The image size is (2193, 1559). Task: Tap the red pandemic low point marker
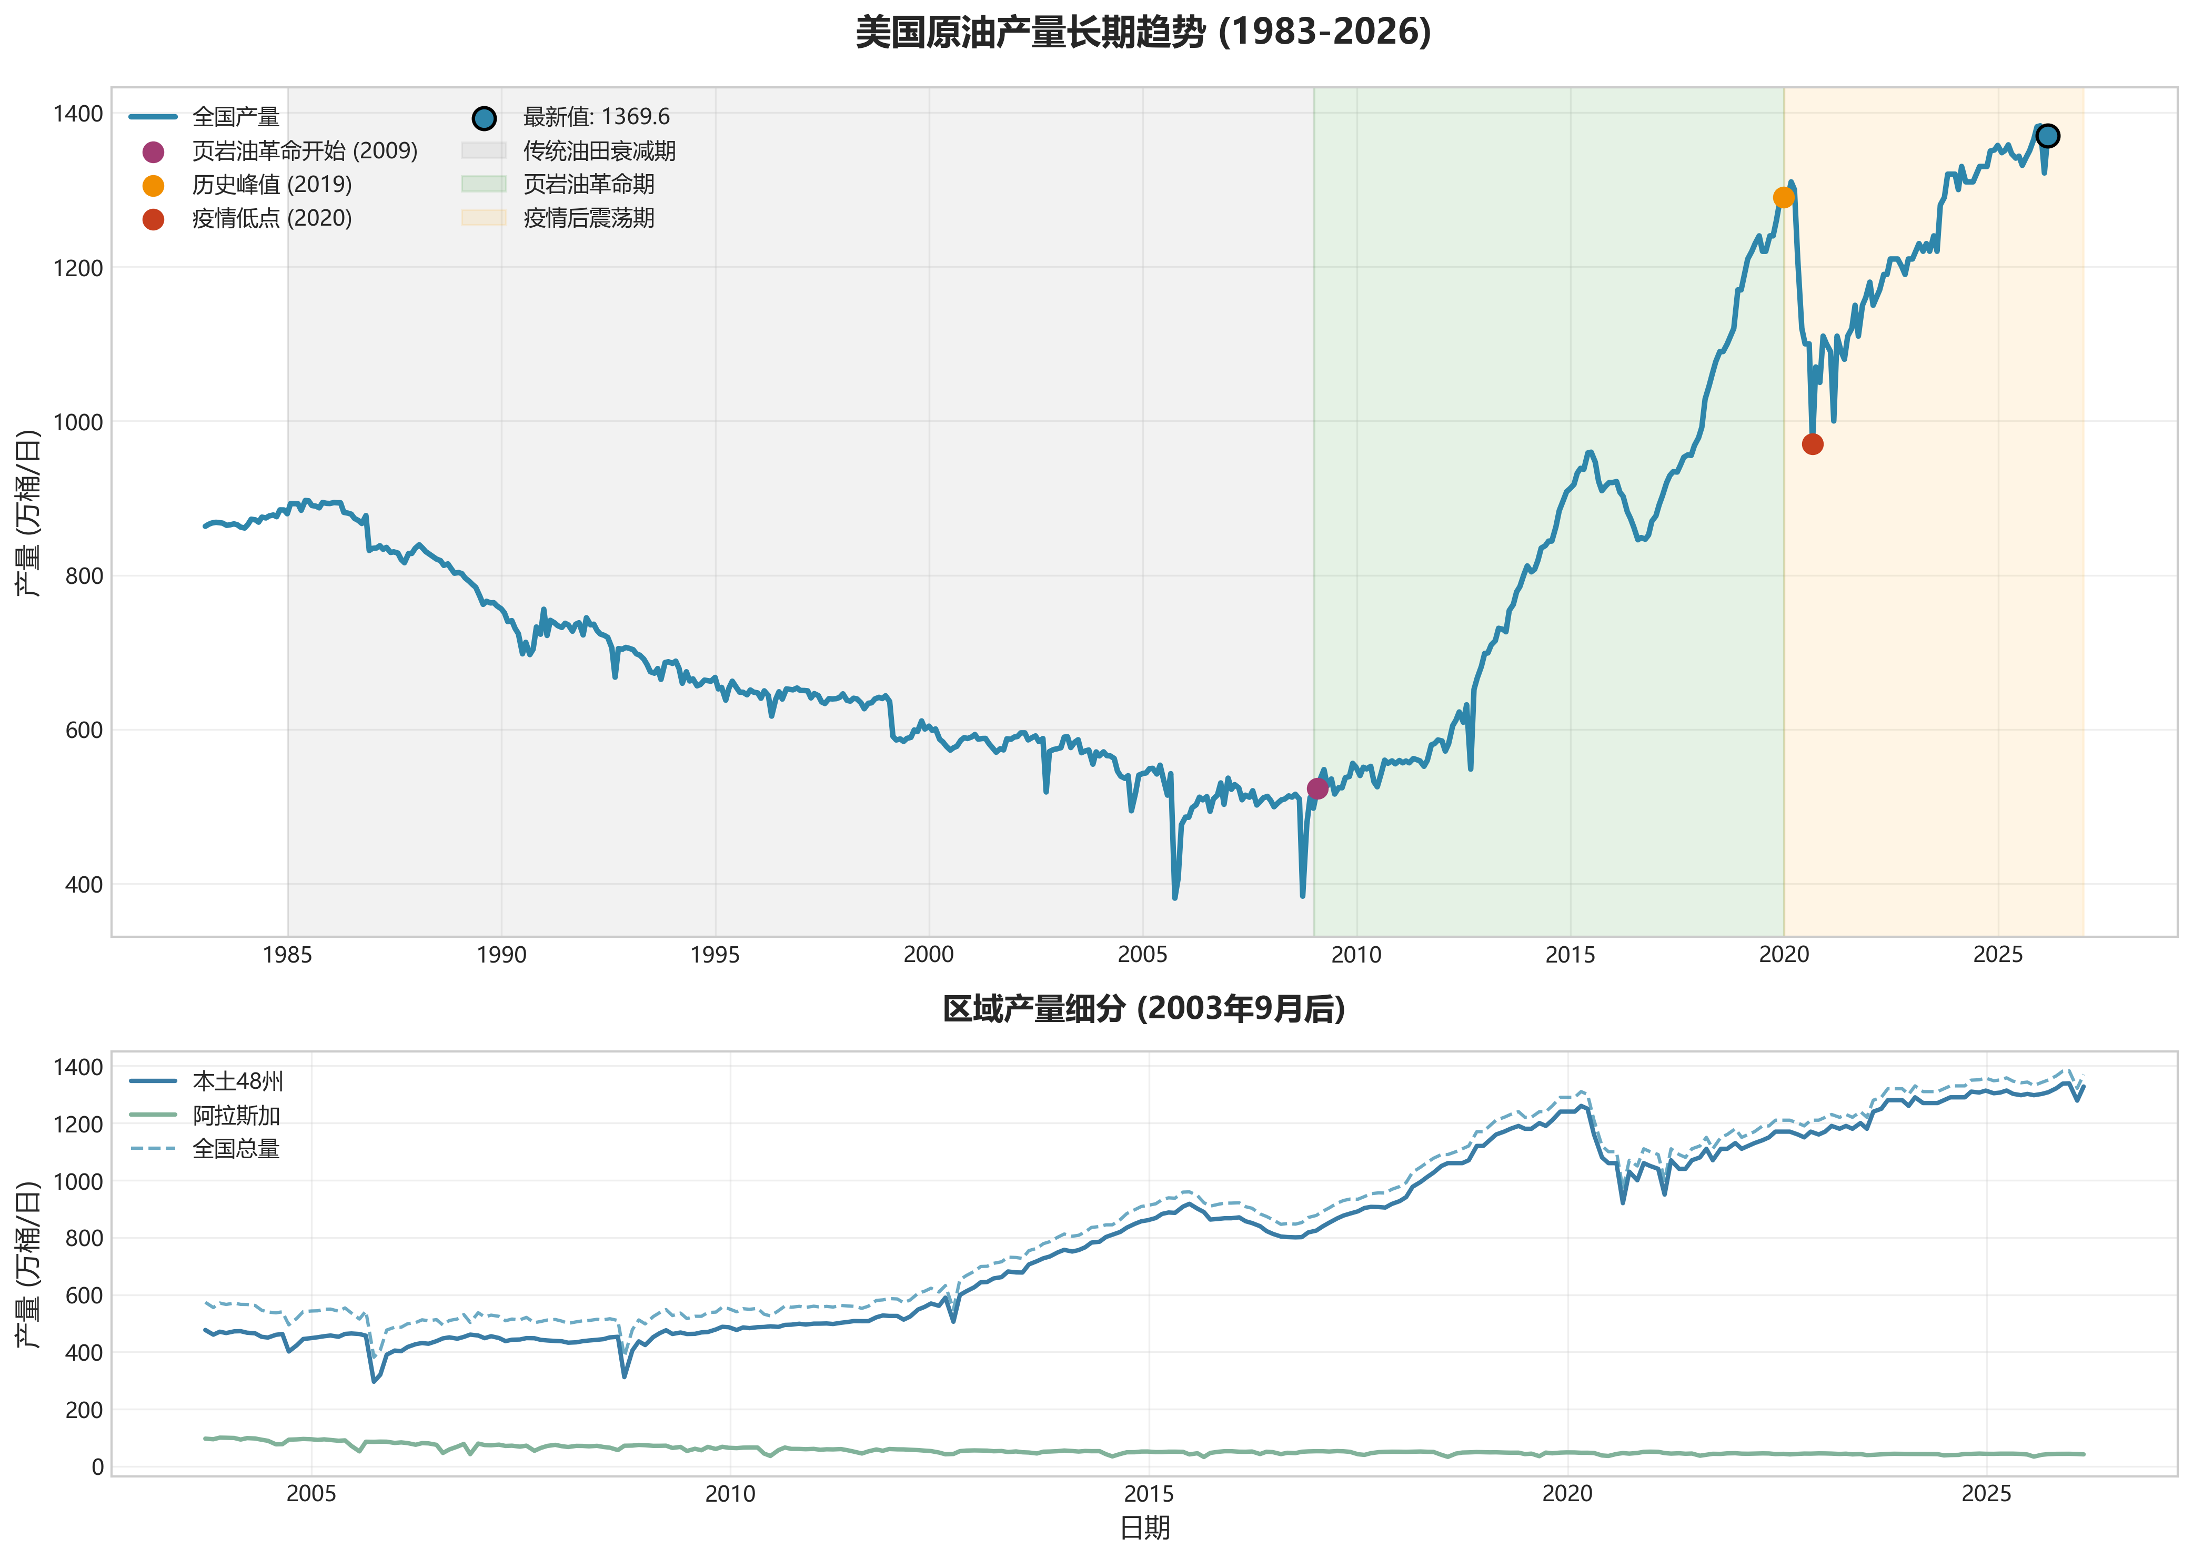pyautogui.click(x=1812, y=443)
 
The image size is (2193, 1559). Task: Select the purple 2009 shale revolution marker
pyautogui.click(x=1317, y=788)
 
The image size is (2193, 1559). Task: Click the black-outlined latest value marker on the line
pyautogui.click(x=2047, y=135)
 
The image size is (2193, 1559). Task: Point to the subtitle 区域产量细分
pyautogui.click(x=1143, y=1009)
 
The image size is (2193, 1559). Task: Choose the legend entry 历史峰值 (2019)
pyautogui.click(x=271, y=184)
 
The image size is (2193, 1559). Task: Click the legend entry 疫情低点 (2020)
pyautogui.click(x=271, y=219)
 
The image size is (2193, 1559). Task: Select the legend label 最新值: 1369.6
pyautogui.click(x=595, y=117)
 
